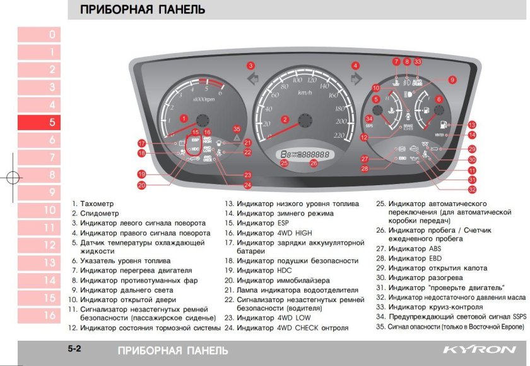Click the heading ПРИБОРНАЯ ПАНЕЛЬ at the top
[143, 10]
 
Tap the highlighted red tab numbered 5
[52, 122]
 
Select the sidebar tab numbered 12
[52, 245]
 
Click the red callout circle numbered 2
[285, 119]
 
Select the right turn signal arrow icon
[355, 80]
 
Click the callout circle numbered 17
[142, 143]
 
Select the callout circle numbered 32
[472, 189]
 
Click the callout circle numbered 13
[472, 125]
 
